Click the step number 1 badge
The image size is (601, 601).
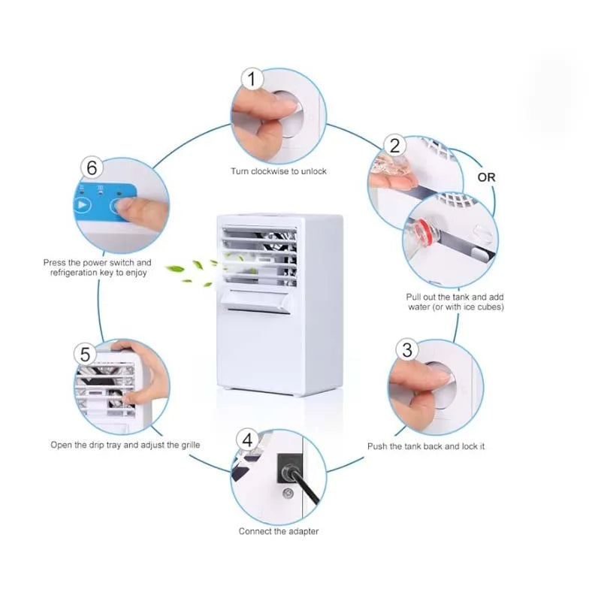coord(252,79)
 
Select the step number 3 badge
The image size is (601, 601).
coord(407,349)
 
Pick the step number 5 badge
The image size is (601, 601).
coord(86,354)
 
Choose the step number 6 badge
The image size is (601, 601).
coord(92,168)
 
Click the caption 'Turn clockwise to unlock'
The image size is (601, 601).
coord(278,171)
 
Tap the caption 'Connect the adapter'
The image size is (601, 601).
coord(279,531)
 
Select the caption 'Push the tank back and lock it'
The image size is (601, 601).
coord(425,446)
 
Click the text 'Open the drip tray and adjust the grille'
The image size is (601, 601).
coord(125,445)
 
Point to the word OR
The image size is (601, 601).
coord(487,177)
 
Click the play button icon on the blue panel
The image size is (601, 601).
coord(83,204)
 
